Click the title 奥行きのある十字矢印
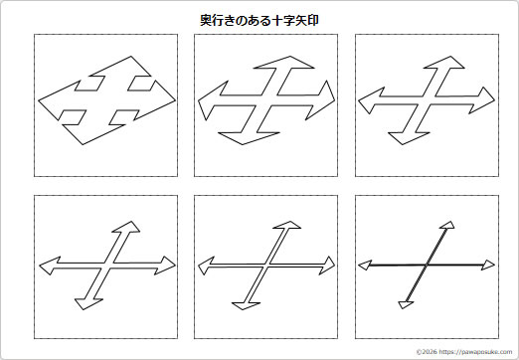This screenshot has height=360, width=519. (x=259, y=19)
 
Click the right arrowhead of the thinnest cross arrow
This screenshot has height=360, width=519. (x=487, y=264)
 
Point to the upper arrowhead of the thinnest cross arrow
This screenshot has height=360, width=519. (x=450, y=229)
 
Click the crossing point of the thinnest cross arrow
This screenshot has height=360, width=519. (x=428, y=265)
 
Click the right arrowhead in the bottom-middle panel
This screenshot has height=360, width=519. (x=327, y=265)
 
